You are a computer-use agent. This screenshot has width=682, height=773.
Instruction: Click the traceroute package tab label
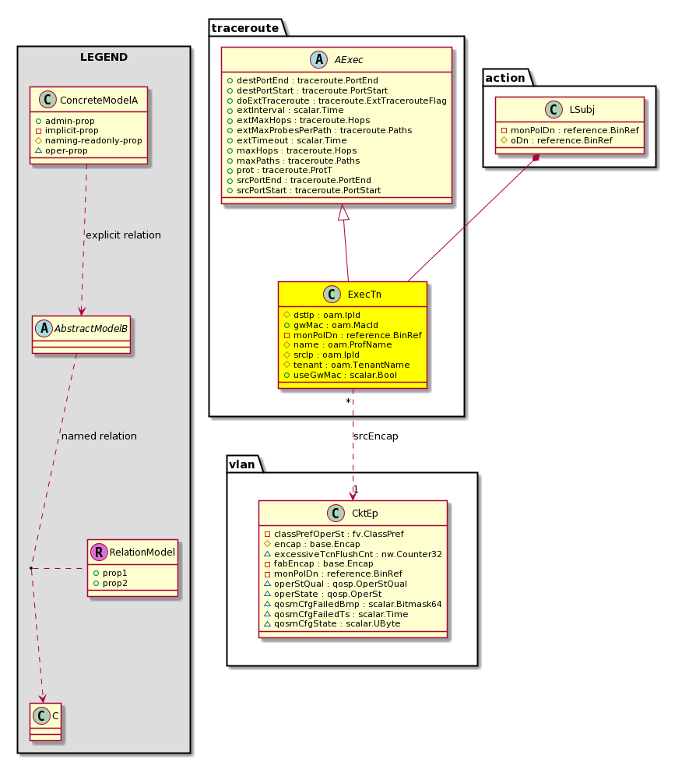[x=244, y=28]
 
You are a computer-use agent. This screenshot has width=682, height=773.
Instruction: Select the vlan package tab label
[x=242, y=464]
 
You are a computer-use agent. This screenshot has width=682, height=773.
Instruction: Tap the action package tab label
[x=504, y=78]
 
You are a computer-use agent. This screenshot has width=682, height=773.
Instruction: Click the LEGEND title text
[x=104, y=57]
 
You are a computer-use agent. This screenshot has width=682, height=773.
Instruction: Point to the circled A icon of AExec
[x=319, y=60]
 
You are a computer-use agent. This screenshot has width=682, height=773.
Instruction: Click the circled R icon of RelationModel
[x=99, y=552]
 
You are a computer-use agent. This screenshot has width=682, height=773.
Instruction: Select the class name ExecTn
[x=364, y=295]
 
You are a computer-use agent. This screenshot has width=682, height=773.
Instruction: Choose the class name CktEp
[x=365, y=514]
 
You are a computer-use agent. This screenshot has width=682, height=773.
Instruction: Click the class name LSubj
[x=582, y=109]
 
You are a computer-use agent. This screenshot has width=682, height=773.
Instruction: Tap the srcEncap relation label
[x=376, y=436]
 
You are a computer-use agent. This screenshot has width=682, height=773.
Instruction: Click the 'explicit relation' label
[x=123, y=235]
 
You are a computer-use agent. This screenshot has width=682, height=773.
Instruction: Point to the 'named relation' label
[x=99, y=436]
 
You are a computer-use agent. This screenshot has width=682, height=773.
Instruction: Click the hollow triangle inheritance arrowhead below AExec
[x=343, y=212]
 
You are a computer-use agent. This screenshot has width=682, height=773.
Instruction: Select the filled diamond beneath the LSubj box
[x=536, y=158]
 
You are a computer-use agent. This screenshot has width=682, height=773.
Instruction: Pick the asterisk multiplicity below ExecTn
[x=348, y=401]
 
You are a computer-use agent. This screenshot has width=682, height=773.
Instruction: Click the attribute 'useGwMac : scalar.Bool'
[x=345, y=375]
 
